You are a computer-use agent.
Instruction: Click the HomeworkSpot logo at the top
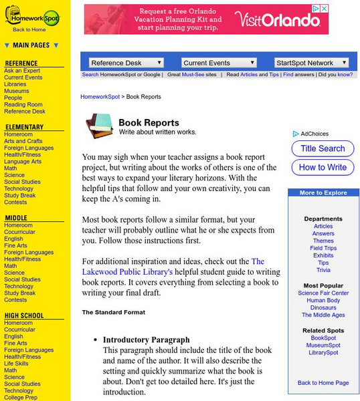pos(32,16)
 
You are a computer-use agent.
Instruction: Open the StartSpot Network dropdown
pos(311,63)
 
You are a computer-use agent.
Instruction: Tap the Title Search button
pos(323,149)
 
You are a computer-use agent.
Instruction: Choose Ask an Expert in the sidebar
pos(22,70)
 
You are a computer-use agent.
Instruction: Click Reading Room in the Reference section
pos(23,105)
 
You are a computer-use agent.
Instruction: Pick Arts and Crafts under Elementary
pos(23,142)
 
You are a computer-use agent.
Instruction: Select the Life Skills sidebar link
pos(17,364)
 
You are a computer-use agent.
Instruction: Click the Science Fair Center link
pos(323,293)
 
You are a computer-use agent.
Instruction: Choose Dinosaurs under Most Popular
pos(323,308)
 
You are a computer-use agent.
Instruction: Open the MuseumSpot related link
pos(323,345)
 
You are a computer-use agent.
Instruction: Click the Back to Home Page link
pos(323,383)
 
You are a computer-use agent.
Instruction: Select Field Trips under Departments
pos(323,248)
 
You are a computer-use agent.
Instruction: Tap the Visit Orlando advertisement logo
pos(286,20)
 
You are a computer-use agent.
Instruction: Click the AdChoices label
pos(314,134)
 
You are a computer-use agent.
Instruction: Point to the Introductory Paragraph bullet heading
pos(147,340)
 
